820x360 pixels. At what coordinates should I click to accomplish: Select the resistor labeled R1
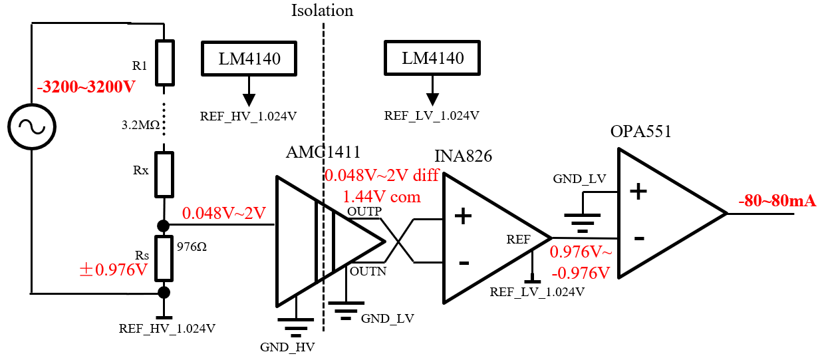click(x=164, y=63)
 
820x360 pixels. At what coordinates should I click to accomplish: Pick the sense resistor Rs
click(x=164, y=258)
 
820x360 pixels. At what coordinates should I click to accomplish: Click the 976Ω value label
click(x=192, y=245)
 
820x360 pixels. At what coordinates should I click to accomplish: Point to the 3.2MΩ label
click(x=141, y=124)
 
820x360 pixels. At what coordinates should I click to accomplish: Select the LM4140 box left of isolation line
click(x=249, y=59)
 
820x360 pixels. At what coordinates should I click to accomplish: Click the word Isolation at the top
click(x=322, y=11)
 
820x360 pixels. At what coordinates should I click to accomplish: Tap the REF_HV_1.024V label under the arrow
click(x=248, y=115)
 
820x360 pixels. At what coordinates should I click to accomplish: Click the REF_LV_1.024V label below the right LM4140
click(x=432, y=115)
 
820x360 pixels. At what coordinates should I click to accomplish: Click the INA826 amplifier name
click(x=463, y=157)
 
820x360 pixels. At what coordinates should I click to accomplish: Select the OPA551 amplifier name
click(x=640, y=131)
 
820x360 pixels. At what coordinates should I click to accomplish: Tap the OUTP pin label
click(x=364, y=212)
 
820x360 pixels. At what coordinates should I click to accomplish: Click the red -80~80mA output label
click(x=777, y=201)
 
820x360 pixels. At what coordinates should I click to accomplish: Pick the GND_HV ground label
click(x=288, y=347)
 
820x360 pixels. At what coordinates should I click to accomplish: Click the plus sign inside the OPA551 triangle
click(x=638, y=192)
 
